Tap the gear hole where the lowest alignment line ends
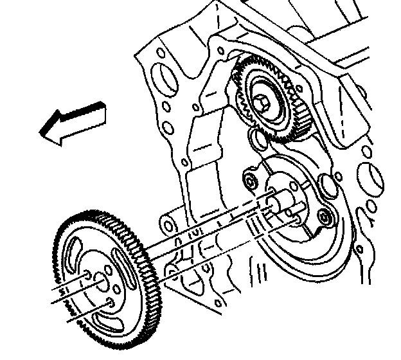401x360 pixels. (x=111, y=301)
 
